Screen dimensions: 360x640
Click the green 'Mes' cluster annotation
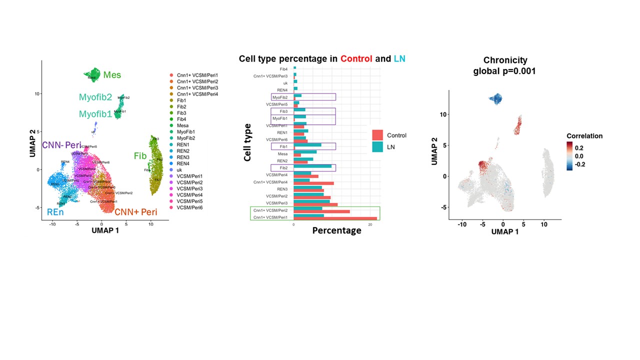112,75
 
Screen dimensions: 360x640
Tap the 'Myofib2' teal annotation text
95,97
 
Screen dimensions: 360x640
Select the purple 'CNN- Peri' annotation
61,145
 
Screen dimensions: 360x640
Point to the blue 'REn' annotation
55,212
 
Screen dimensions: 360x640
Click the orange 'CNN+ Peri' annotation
135,212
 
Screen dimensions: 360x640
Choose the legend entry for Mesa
182,125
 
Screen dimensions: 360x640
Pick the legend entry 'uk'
179,170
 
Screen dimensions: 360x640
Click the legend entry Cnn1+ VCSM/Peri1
197,75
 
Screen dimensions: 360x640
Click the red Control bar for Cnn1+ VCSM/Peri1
335,218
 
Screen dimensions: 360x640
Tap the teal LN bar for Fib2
312,166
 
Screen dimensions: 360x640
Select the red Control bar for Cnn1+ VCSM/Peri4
313,183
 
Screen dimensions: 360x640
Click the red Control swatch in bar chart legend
377,135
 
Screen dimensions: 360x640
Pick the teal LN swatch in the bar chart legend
377,147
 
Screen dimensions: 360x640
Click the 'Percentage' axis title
336,230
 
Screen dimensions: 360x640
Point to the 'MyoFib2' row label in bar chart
279,97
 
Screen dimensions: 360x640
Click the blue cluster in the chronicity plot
495,99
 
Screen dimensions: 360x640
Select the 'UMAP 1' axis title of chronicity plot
504,232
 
